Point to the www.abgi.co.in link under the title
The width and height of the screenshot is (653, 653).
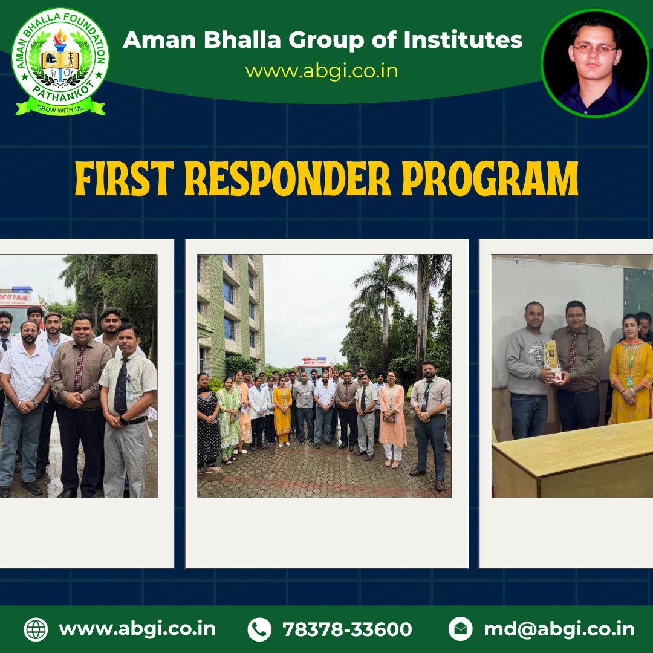pos(321,71)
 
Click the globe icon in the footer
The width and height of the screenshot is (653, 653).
pos(36,629)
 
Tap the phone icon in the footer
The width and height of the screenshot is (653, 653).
pos(259,629)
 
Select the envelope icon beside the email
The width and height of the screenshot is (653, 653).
pos(460,629)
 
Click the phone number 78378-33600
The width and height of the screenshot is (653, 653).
pos(347,629)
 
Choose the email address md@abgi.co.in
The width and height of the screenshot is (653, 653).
pos(559,629)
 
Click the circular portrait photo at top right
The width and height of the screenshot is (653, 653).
pos(594,63)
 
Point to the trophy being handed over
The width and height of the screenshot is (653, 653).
pos(551,357)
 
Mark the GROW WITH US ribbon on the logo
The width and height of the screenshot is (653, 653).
pos(60,109)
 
